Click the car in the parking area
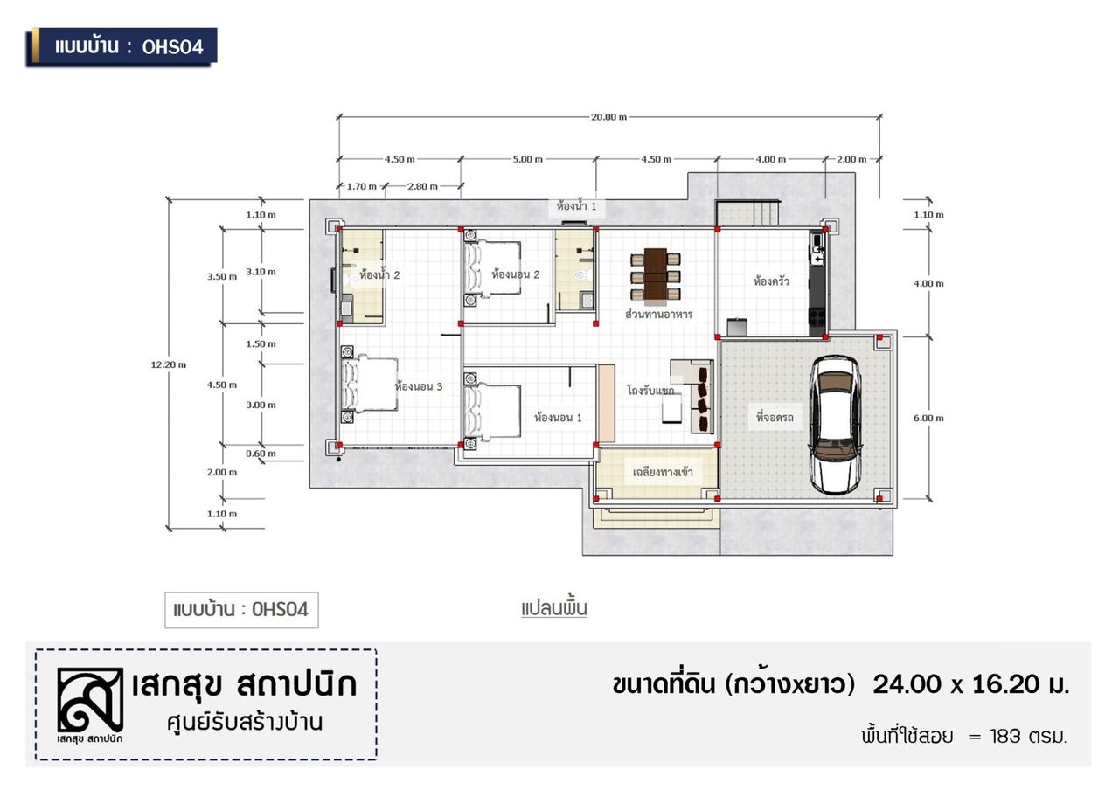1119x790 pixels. [834, 425]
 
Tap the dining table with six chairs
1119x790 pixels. [656, 275]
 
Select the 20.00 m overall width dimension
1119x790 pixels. [608, 117]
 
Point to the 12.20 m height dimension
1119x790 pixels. [169, 365]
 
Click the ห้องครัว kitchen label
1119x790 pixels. [771, 281]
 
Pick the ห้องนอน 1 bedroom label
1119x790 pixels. [558, 418]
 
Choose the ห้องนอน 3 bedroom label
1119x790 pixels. [419, 386]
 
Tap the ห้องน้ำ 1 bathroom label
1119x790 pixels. [576, 205]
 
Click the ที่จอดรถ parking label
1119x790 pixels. [775, 418]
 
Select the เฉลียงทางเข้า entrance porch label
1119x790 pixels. [663, 473]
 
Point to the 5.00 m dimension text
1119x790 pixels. [527, 159]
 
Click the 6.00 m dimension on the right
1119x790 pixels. [928, 419]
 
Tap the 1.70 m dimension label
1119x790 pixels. [362, 187]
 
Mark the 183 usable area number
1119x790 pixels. [1004, 736]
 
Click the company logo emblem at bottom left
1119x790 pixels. [90, 700]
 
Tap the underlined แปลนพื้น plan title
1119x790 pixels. [554, 609]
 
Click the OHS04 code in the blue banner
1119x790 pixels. [173, 47]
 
